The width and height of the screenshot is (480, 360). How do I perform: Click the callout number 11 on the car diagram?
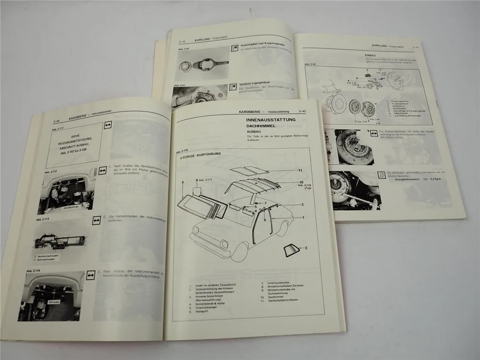click(300, 170)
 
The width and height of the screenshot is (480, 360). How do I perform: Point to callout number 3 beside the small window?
click(304, 248)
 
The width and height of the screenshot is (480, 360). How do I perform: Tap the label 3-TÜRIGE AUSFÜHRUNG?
click(197, 156)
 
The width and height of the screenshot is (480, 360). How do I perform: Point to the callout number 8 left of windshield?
click(183, 183)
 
